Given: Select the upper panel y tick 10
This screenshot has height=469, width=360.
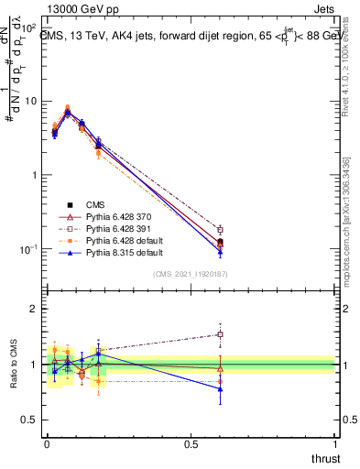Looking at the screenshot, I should (x=32, y=101).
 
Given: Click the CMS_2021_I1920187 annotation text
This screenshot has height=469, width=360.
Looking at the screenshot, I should (x=190, y=274).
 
